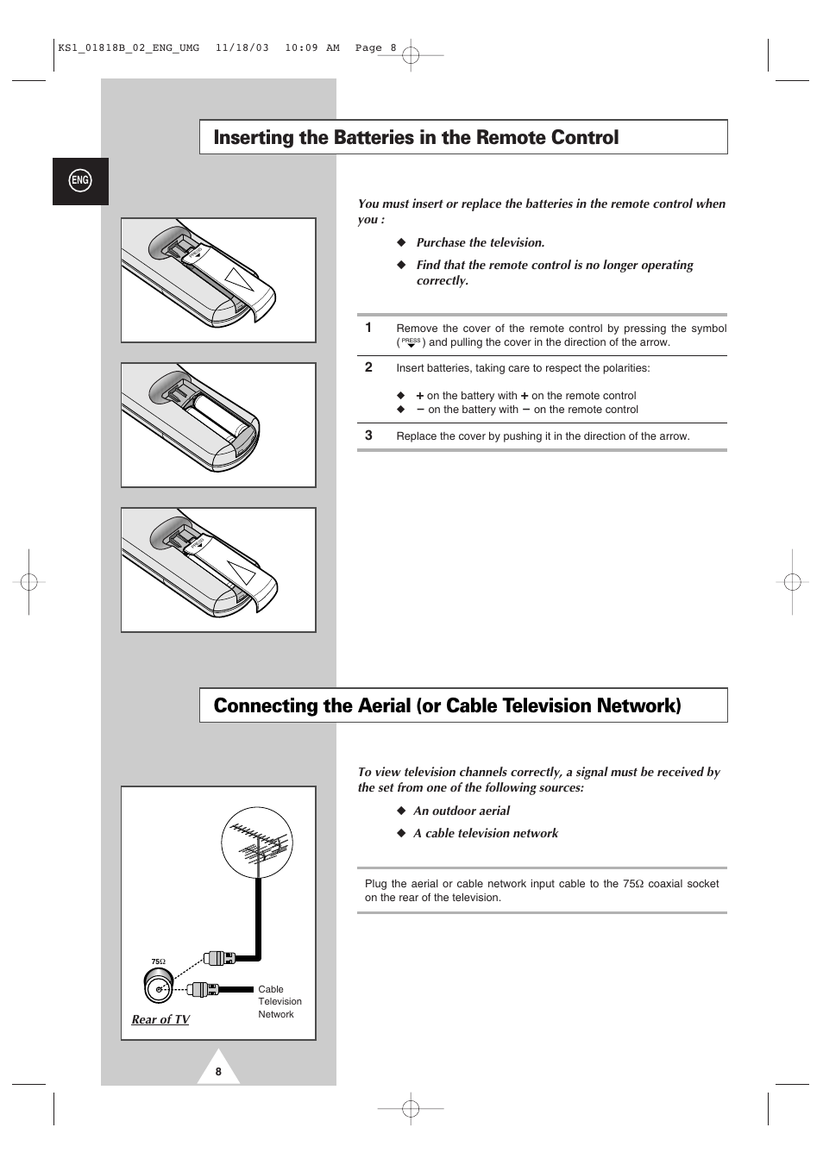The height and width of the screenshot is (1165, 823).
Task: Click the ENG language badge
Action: tap(80, 180)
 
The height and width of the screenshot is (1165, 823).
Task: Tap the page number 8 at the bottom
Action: tap(218, 1072)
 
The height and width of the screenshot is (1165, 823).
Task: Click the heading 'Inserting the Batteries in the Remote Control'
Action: tap(416, 138)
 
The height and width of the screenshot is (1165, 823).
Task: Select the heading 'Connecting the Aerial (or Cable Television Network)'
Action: tap(447, 706)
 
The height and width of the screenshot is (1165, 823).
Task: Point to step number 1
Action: tap(368, 328)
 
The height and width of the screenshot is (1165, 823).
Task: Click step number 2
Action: tap(368, 367)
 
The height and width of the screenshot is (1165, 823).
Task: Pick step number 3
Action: tap(368, 435)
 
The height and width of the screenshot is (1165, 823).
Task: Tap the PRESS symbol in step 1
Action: tap(411, 342)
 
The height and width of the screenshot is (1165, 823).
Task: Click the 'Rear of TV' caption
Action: tap(160, 1019)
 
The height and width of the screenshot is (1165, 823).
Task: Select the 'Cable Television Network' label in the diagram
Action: tap(280, 1002)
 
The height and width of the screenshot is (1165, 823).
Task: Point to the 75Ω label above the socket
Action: tap(158, 961)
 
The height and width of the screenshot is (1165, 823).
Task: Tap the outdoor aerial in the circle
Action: tap(257, 843)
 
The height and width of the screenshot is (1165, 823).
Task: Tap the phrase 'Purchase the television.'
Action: tap(481, 243)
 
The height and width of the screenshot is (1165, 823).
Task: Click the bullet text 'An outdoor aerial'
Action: tap(462, 811)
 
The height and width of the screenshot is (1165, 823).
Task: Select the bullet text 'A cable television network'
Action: tap(486, 834)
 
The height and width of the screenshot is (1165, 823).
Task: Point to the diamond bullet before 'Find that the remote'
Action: tap(401, 266)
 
